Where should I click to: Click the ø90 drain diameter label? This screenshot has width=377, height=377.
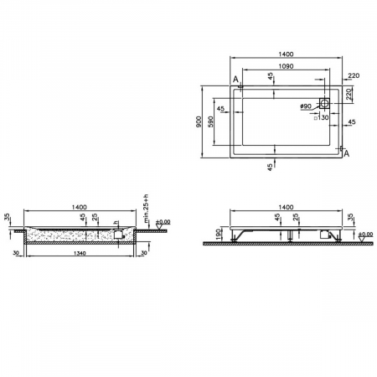[x=305, y=106]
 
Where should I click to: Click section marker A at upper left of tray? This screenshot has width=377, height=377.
[x=236, y=80]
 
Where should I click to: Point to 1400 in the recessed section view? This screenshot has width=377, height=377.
[x=81, y=205]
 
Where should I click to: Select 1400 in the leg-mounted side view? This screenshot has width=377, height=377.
[x=285, y=205]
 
